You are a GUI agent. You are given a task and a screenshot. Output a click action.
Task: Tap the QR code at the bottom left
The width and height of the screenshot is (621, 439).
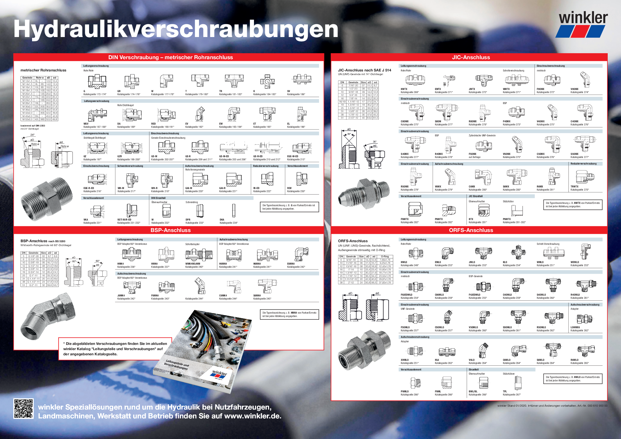click(23, 409)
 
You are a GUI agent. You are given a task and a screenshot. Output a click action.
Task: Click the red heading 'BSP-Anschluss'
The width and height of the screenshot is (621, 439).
click(170, 230)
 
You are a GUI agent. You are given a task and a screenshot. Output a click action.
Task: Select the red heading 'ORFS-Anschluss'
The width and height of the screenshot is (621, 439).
click(471, 230)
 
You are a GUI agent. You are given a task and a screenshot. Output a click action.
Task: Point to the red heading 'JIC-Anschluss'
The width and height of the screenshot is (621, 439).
click(471, 57)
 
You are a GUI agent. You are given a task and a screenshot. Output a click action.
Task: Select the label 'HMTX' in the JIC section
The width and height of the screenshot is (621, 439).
click(404, 89)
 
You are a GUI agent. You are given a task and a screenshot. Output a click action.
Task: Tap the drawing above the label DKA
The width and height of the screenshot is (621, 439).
click(234, 211)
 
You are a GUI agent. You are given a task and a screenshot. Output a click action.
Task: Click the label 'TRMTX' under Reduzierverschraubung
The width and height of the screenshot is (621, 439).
click(574, 186)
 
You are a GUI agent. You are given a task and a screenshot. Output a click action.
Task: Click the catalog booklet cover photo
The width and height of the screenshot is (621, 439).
click(203, 352)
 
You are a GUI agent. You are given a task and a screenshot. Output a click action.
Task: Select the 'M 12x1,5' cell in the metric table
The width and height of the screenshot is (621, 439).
click(27, 81)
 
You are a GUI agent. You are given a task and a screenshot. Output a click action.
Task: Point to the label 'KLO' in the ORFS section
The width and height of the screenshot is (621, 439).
click(505, 262)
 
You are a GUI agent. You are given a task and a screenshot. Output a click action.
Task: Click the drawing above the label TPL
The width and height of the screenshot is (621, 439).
click(517, 383)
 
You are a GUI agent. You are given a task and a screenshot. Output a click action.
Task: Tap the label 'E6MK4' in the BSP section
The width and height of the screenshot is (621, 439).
click(291, 264)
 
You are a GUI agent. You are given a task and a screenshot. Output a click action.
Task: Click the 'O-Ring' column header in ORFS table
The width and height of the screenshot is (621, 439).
click(385, 256)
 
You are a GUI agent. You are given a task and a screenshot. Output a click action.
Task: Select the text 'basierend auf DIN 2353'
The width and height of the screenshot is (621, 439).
click(33, 126)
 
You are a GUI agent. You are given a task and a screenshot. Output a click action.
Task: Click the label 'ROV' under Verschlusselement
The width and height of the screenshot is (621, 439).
click(289, 188)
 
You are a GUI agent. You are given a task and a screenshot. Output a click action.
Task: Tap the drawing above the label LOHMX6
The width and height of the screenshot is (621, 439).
click(584, 319)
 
